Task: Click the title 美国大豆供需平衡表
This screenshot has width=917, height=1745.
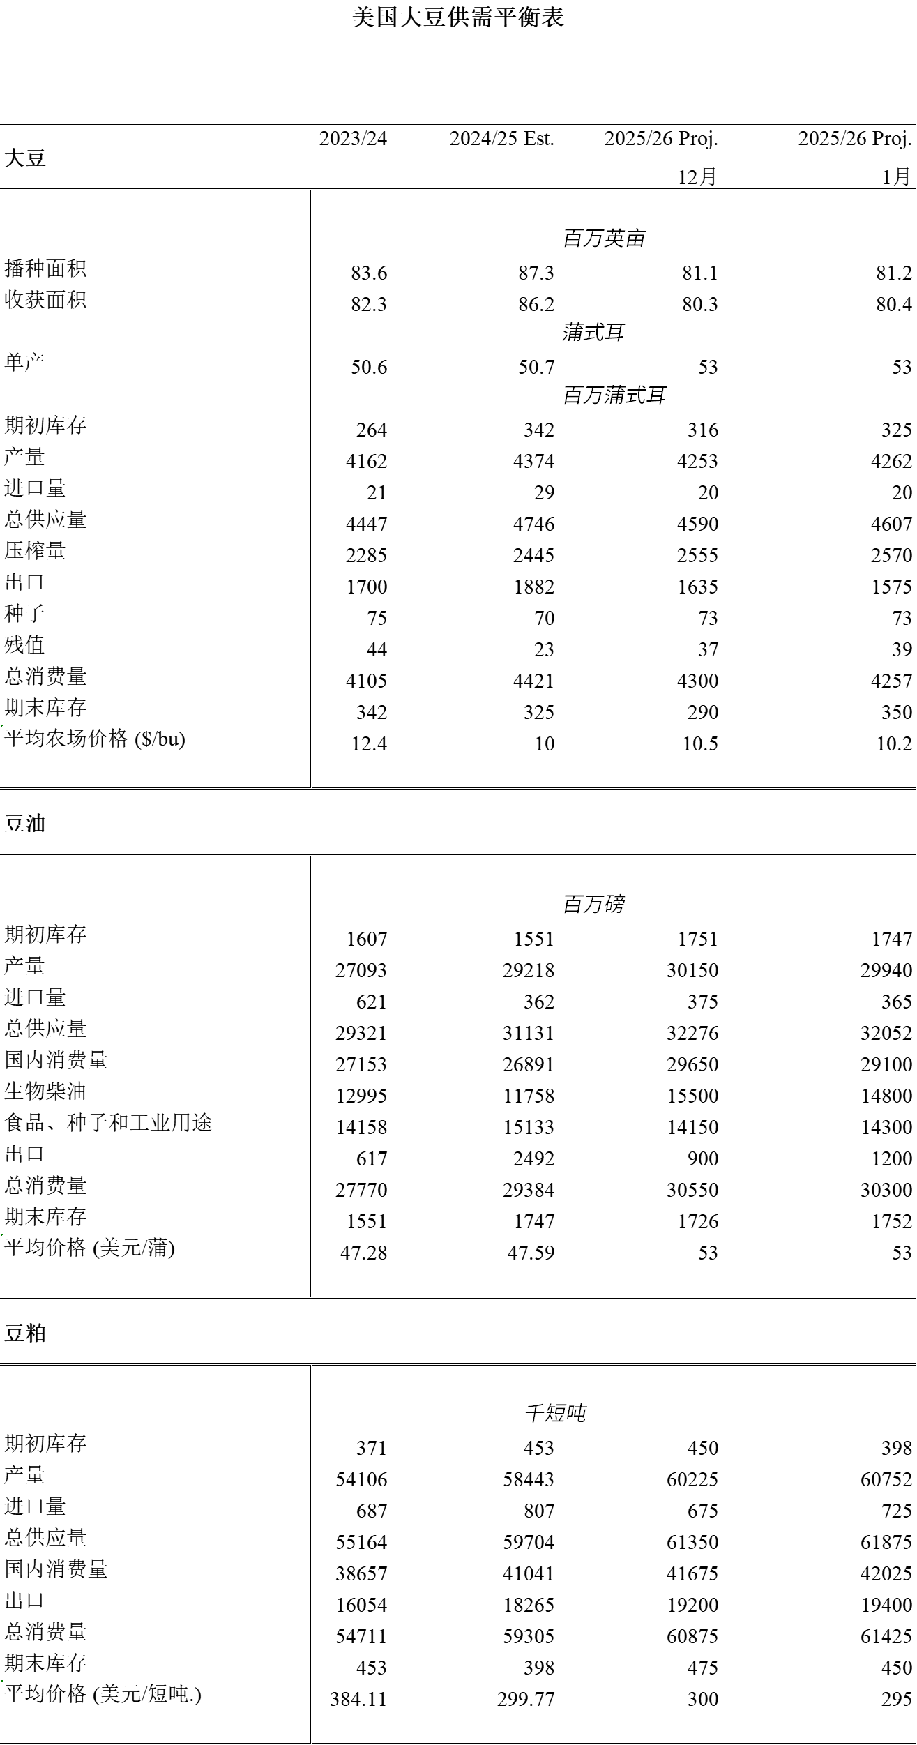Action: (x=457, y=17)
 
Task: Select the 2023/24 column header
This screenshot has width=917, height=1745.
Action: (x=353, y=138)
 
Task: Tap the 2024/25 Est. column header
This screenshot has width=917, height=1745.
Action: (x=501, y=138)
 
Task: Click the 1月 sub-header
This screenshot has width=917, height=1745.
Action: (x=895, y=176)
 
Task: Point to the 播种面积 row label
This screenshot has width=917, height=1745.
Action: (x=45, y=269)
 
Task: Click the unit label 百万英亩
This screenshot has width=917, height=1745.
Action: (x=604, y=239)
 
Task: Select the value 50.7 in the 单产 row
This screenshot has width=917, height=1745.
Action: (x=536, y=367)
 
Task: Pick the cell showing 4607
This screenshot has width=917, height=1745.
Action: (x=891, y=524)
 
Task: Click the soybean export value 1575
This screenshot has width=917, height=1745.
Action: (x=891, y=587)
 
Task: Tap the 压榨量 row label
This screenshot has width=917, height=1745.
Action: (x=35, y=551)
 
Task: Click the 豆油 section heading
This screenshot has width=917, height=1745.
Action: (x=25, y=824)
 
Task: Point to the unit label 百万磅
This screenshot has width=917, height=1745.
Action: (x=593, y=905)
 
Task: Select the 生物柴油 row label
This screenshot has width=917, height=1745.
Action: (x=45, y=1091)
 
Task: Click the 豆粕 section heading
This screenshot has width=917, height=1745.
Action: (x=25, y=1333)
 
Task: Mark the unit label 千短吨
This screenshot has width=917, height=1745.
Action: (x=555, y=1414)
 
